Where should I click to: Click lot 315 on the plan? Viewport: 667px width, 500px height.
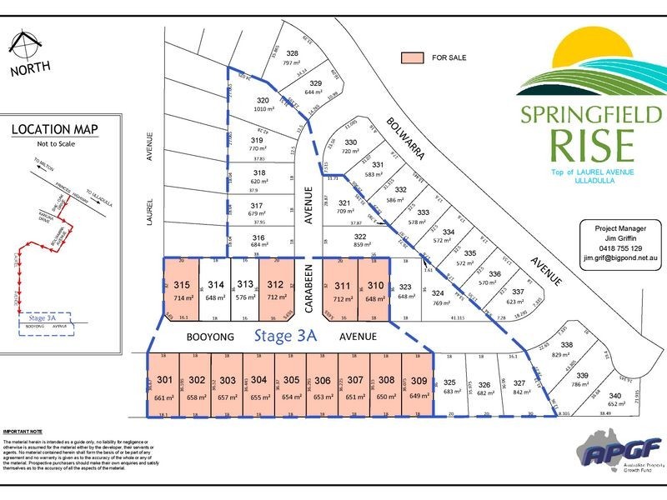[x=182, y=289]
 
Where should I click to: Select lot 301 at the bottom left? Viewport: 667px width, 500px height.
[x=165, y=385]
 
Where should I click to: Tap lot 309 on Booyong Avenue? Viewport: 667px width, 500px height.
[x=419, y=385]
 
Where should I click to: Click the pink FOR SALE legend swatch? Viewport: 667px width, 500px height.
[x=411, y=58]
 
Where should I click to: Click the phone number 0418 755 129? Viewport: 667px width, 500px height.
[x=613, y=248]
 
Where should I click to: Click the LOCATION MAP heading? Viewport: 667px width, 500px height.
[x=54, y=129]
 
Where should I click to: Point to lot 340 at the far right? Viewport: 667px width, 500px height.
[x=614, y=398]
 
